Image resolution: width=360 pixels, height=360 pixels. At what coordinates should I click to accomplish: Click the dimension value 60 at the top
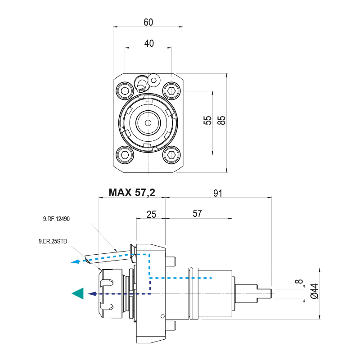pos(148,22)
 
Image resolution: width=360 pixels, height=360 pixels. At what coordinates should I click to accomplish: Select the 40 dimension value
pos(149,43)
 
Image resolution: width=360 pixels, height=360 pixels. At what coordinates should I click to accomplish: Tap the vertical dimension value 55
pos(207,121)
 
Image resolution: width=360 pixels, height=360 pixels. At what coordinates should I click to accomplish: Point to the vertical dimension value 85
pos(221,121)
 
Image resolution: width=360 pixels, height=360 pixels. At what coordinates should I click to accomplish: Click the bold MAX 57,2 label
pos(132,193)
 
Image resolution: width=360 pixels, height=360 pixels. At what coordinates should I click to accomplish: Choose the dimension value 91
pos(218,193)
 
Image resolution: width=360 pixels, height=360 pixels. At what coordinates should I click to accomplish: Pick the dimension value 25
pos(151,214)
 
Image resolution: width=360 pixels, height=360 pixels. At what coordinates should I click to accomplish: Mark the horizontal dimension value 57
pos(198,214)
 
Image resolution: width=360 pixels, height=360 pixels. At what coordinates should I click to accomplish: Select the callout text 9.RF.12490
pos(56,219)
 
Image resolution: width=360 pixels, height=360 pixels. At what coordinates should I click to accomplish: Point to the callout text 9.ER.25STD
pos(54,242)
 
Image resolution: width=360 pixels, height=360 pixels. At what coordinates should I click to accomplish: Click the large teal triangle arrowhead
pos(77,293)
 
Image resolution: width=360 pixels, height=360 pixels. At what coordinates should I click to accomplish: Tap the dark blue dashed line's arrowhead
pos(92,294)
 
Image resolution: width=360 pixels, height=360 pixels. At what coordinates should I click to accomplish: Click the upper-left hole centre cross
pos(125,91)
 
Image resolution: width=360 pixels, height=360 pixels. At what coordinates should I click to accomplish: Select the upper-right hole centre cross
pos(171,91)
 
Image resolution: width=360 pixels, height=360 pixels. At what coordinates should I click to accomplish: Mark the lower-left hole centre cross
pos(125,155)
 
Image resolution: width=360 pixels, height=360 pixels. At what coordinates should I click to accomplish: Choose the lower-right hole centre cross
pos(171,155)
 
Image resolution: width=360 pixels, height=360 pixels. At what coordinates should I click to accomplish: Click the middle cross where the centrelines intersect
pos(148,123)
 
